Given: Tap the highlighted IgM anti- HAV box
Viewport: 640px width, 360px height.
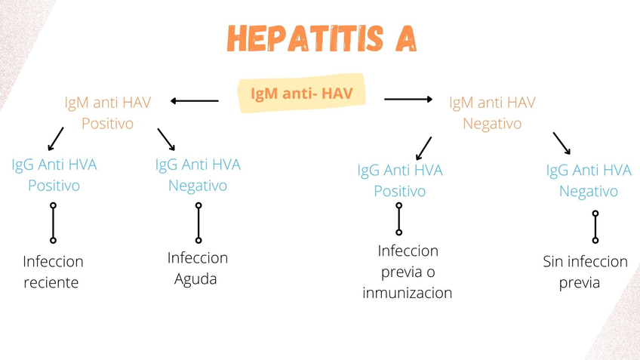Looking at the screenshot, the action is coord(302,94).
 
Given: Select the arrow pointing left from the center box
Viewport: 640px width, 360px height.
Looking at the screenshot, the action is coord(195,100).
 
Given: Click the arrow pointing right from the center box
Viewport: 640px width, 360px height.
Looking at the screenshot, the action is coord(408,99).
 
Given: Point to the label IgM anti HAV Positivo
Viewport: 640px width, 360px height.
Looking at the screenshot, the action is coord(107,112).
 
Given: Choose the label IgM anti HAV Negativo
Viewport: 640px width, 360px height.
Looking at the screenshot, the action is coord(492,112).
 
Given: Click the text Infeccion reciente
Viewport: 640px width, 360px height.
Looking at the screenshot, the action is coord(53,272).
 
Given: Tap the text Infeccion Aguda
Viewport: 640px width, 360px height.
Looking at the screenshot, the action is coord(197,268).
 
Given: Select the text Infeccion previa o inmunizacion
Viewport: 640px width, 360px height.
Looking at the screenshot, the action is coord(408,272).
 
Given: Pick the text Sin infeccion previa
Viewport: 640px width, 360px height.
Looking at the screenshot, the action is coord(585,272).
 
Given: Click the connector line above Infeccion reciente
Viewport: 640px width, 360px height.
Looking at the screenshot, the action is coord(53,223).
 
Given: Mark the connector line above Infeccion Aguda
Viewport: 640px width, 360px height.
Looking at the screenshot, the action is coord(198,223).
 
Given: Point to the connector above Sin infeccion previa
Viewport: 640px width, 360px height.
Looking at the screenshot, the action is coord(595,226).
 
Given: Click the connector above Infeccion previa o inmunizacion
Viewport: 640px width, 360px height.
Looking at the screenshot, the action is coord(399,219).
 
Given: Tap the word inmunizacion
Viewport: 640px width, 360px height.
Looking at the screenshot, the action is coord(408,293).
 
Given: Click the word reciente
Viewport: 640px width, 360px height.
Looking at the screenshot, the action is coord(51,283).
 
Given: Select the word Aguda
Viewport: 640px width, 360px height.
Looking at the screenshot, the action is coord(195,279).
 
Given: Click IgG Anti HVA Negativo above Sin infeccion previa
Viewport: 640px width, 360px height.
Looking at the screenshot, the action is coord(589,180).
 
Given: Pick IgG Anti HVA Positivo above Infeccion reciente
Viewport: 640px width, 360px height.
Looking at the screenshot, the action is coord(54,174).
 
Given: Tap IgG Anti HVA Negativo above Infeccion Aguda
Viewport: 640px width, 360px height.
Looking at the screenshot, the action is coord(198,174).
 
